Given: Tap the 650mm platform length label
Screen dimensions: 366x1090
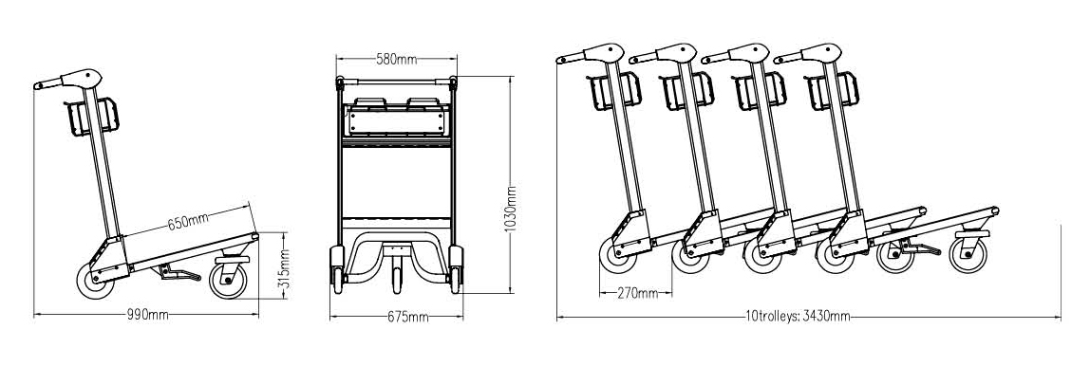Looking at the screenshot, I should pyautogui.click(x=187, y=222).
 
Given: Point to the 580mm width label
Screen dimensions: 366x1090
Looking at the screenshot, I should pyautogui.click(x=394, y=60).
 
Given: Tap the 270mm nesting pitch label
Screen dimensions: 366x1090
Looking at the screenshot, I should pyautogui.click(x=636, y=294).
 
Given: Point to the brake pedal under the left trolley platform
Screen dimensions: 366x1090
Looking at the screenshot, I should pyautogui.click(x=177, y=274).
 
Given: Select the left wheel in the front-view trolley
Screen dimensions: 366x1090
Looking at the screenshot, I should pyautogui.click(x=336, y=268).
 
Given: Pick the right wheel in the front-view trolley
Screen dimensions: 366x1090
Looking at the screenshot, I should pyautogui.click(x=458, y=268).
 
